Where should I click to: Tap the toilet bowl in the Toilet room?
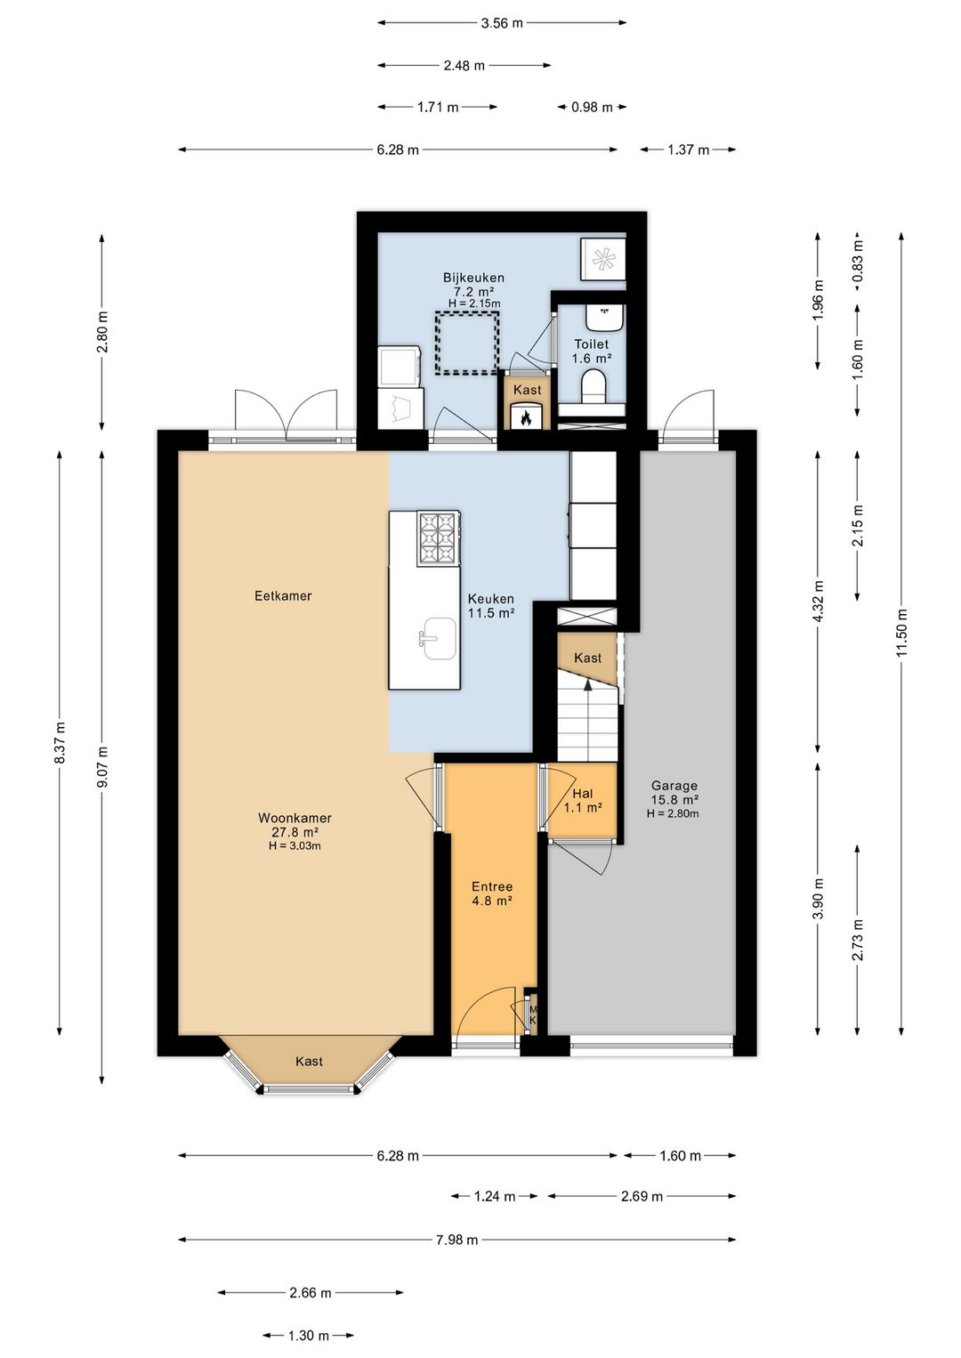(594, 387)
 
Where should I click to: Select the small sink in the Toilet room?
(604, 318)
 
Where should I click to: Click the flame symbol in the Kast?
(526, 417)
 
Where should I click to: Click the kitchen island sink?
(440, 638)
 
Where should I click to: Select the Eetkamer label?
(283, 596)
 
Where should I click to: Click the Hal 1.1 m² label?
(583, 800)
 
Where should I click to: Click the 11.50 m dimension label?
(901, 633)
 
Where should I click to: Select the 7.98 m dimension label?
(457, 1240)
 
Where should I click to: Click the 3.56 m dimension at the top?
(502, 23)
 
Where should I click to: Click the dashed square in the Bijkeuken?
(467, 343)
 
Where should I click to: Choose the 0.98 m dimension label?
(592, 108)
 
